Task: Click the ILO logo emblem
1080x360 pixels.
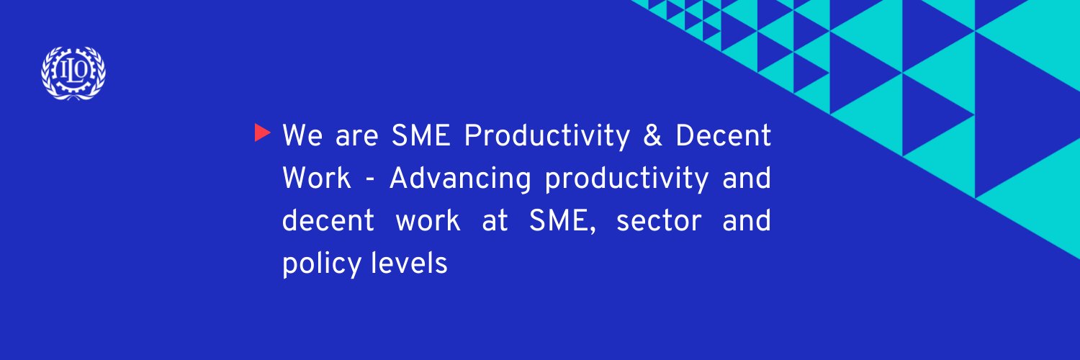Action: [73, 73]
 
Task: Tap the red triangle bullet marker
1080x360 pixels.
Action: [263, 133]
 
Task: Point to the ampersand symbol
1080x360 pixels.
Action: [652, 136]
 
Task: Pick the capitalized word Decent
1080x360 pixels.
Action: [723, 136]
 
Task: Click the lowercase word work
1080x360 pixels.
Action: [428, 221]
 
